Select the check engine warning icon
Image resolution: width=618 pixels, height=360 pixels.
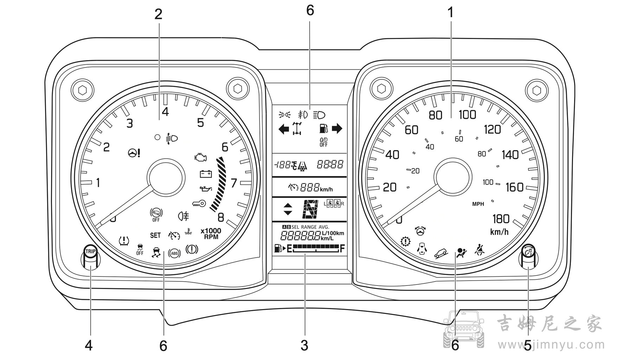[x=201, y=157]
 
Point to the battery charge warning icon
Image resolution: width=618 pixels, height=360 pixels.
[x=206, y=174]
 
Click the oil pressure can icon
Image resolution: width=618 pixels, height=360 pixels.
[x=205, y=189]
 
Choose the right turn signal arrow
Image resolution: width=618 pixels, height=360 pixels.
[x=337, y=129]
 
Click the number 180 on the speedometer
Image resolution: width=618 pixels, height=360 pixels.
[x=501, y=219]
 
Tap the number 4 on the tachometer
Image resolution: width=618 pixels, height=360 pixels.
[x=165, y=112]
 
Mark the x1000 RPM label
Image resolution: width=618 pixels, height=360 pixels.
[x=211, y=234]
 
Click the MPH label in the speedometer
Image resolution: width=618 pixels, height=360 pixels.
[x=478, y=204]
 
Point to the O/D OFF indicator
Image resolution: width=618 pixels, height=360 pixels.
[x=323, y=142]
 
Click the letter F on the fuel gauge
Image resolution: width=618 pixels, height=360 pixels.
[x=342, y=249]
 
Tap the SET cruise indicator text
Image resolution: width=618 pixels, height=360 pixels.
[x=155, y=235]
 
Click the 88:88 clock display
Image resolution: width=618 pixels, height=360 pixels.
[x=330, y=164]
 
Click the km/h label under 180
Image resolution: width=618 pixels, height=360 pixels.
[x=500, y=232]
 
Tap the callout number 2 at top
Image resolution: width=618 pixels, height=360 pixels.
[x=158, y=14]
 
